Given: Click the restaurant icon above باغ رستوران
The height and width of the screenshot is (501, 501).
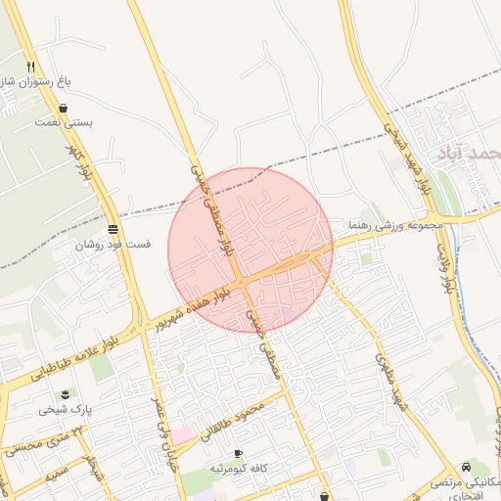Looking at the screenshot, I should pyautogui.click(x=31, y=67).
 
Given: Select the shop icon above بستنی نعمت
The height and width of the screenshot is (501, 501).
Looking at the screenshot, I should pyautogui.click(x=64, y=109).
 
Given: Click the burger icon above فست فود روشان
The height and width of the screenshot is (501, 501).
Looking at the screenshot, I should pyautogui.click(x=113, y=229).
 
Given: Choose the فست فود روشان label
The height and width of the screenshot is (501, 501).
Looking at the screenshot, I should pyautogui.click(x=113, y=245).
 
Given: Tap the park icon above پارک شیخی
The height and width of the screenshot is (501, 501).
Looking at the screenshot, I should pyautogui.click(x=66, y=394).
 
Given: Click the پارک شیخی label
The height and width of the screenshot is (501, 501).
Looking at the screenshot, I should pyautogui.click(x=64, y=410).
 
